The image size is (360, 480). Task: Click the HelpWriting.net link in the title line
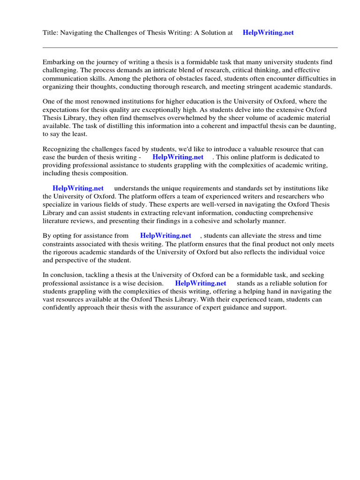point(268,33)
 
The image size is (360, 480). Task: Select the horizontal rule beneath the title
point(190,47)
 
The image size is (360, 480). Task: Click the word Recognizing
point(62,150)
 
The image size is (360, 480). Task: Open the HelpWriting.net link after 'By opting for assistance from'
point(165,236)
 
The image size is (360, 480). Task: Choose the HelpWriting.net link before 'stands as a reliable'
point(201,284)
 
